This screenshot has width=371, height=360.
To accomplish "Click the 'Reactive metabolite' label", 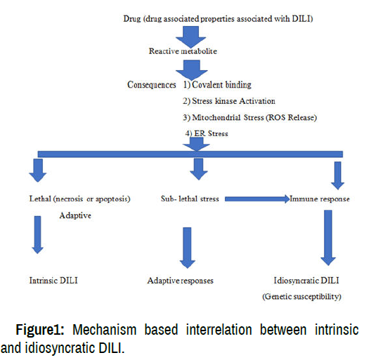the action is click(183, 51).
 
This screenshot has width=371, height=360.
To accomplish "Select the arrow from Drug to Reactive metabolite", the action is click(190, 36).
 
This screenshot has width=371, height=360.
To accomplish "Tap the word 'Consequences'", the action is click(152, 85).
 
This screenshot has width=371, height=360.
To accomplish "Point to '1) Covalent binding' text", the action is click(217, 85).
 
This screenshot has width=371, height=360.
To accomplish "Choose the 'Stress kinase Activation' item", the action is click(233, 101).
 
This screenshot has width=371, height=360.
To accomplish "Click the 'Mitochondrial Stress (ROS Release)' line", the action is click(254, 117).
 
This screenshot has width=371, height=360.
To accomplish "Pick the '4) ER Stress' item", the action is click(207, 133).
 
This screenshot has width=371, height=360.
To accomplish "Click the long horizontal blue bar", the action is click(190, 154).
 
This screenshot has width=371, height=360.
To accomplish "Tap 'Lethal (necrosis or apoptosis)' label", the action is click(79, 199).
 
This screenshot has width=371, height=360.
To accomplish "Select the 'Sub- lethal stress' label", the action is click(190, 199).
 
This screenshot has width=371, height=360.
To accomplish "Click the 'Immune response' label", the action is click(320, 199).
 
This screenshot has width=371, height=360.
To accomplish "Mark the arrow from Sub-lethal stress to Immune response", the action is click(257, 199).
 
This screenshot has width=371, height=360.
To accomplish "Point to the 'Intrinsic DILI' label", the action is click(53, 280).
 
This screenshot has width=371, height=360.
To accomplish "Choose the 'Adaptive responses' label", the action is click(181, 281).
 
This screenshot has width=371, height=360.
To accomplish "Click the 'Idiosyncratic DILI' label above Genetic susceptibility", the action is click(306, 281).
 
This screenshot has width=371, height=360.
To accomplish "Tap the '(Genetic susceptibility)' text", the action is click(301, 296).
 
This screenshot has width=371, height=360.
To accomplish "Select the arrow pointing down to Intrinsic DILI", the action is click(38, 234).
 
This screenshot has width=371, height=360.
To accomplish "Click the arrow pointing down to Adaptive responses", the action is click(187, 248).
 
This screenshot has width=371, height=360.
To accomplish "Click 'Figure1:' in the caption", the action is click(40, 330).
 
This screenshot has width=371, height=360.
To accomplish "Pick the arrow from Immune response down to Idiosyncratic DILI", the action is click(328, 238).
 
